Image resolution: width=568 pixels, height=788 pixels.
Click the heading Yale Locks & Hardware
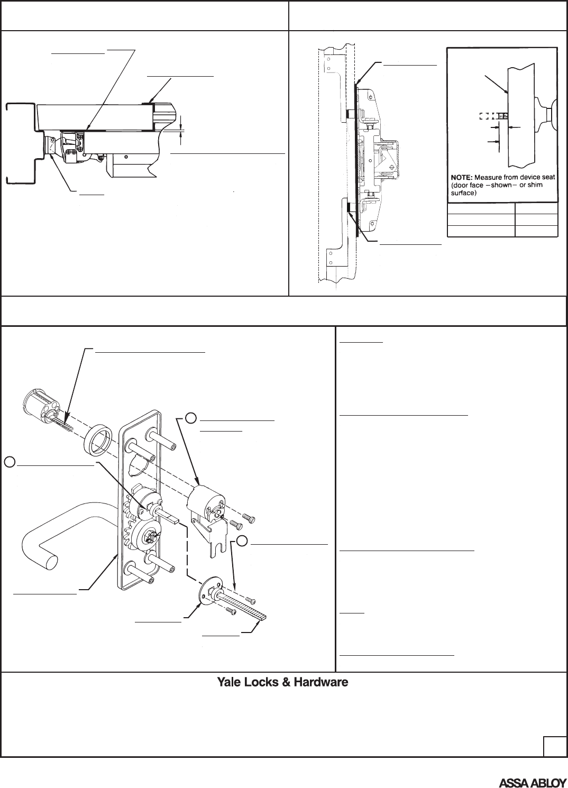pos(282,682)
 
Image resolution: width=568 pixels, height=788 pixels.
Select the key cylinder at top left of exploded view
pos(40,405)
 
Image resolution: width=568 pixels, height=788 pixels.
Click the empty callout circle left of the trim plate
pos(9,461)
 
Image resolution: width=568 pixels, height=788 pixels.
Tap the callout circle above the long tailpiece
pos(241,540)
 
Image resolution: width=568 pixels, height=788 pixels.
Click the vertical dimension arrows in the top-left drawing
pos(181,129)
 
